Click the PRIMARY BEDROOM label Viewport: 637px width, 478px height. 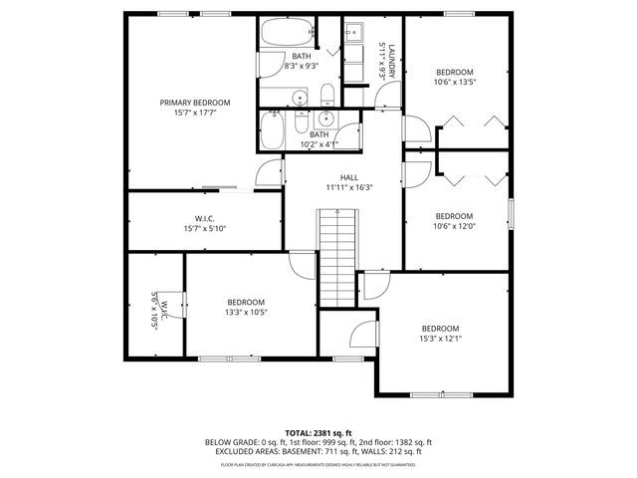point(195,103)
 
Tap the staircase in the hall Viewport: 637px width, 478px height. point(337,257)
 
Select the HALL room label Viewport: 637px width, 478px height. point(348,176)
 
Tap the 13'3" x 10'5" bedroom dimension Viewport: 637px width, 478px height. point(245,313)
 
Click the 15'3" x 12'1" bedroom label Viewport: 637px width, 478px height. point(440,329)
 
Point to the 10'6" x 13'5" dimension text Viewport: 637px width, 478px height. point(457,83)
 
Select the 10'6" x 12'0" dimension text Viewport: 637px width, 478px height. point(454,226)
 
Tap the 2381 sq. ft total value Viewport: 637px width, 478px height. point(334,432)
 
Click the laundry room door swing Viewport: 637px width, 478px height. point(389,98)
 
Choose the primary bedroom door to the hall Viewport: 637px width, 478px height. point(268,173)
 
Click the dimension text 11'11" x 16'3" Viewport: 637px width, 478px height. point(348,187)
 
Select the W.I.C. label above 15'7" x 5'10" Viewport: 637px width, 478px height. point(205,219)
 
